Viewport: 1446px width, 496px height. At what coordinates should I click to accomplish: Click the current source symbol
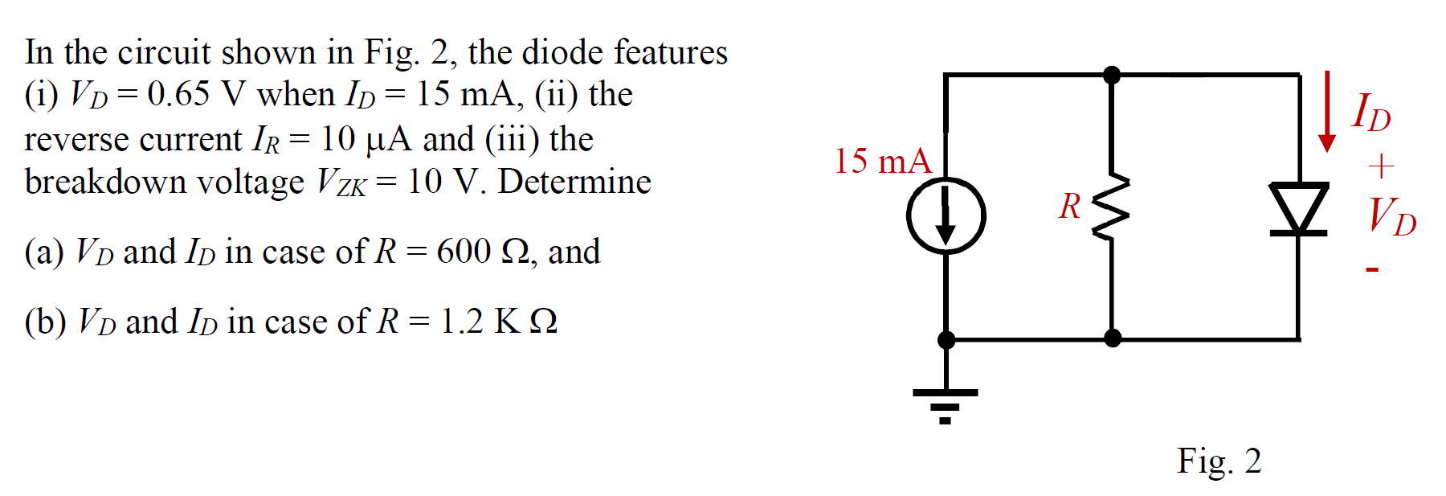946,216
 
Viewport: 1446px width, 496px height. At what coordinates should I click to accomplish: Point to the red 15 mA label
882,161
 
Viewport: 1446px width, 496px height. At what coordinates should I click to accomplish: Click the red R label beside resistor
1069,207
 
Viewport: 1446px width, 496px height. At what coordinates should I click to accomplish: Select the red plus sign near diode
1381,166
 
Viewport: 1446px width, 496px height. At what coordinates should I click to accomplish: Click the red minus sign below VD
1372,270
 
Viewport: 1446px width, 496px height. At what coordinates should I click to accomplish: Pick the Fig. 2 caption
1219,461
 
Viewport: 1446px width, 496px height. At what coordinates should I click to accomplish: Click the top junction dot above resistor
1112,75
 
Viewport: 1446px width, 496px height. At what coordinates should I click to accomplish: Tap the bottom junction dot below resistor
1113,338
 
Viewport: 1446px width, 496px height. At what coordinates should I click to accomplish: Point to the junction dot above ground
946,340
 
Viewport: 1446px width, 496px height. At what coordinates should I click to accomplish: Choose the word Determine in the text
574,182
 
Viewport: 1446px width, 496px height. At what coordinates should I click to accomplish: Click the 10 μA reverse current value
366,139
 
